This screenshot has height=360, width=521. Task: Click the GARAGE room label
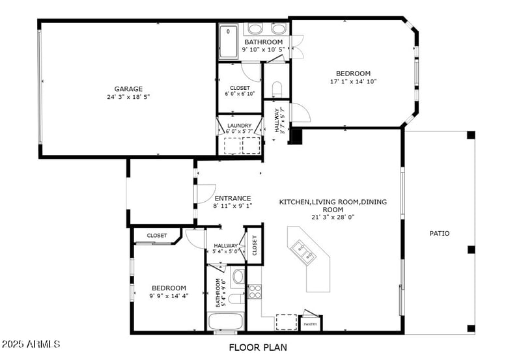coord(128,89)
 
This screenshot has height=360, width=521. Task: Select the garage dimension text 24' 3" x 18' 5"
coord(128,98)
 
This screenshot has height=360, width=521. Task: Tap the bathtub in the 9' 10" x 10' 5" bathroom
coord(229,41)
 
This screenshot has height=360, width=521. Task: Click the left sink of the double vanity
coord(255,29)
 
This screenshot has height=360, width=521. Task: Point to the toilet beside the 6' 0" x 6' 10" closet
coord(276,90)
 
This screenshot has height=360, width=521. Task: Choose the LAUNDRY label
coord(239,126)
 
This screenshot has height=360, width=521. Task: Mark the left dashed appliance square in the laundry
coord(232,145)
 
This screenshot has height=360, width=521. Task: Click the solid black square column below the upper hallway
coord(296,137)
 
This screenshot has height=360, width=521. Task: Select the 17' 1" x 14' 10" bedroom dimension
coord(353,82)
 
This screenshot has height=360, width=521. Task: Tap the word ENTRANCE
coord(232,199)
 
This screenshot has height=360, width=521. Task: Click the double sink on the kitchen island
coord(305,251)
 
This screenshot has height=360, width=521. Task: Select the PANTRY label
coord(311,324)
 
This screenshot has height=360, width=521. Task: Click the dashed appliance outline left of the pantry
coord(286,322)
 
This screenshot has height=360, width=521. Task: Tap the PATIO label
coord(439,233)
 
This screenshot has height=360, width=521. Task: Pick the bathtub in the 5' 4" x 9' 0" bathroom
coord(225,322)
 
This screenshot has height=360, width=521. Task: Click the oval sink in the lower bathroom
coord(238,277)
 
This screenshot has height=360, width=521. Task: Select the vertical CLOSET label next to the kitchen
coord(255,245)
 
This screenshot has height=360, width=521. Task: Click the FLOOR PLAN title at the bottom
coord(258,348)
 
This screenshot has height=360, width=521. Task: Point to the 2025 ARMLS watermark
coord(31,343)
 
